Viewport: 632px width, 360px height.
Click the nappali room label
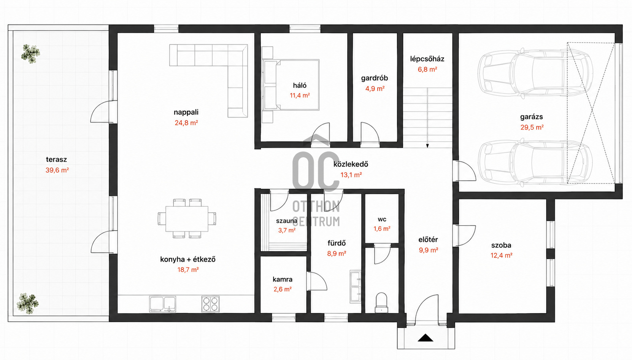tap(186, 112)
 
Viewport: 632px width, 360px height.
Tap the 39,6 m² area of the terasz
tap(57, 170)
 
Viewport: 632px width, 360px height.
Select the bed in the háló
tap(291, 85)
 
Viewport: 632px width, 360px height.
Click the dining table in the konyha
tap(187, 219)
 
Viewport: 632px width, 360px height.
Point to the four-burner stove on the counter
tap(211, 304)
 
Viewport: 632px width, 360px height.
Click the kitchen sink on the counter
tap(162, 304)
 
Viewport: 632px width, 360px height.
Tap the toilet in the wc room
tap(381, 303)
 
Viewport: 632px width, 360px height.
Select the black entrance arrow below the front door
tap(425, 338)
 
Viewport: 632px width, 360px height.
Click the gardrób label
tap(375, 78)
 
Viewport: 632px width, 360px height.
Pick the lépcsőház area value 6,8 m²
tap(427, 69)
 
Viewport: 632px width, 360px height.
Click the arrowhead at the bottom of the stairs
tap(427, 146)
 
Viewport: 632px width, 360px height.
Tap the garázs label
tap(532, 116)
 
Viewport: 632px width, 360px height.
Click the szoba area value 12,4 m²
tap(501, 255)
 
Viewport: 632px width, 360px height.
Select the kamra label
tap(283, 279)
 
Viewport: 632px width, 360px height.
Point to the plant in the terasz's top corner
tap(30, 54)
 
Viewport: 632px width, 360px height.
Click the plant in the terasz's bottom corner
tap(28, 303)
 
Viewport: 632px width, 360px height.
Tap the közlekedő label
tap(351, 164)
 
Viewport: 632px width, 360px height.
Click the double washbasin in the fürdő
tap(355, 287)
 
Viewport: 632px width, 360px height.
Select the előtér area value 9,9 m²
tap(428, 250)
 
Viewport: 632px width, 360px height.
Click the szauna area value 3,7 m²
tap(287, 230)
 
